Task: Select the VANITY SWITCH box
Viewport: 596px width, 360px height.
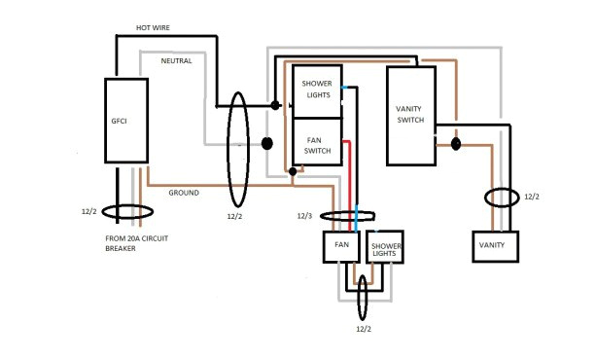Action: pos(412,115)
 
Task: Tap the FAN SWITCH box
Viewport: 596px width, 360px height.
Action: pos(316,140)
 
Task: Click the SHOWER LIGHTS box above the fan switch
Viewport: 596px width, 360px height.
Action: pos(316,90)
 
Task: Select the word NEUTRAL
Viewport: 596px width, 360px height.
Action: pos(176,61)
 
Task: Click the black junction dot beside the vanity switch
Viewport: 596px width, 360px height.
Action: pos(454,146)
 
